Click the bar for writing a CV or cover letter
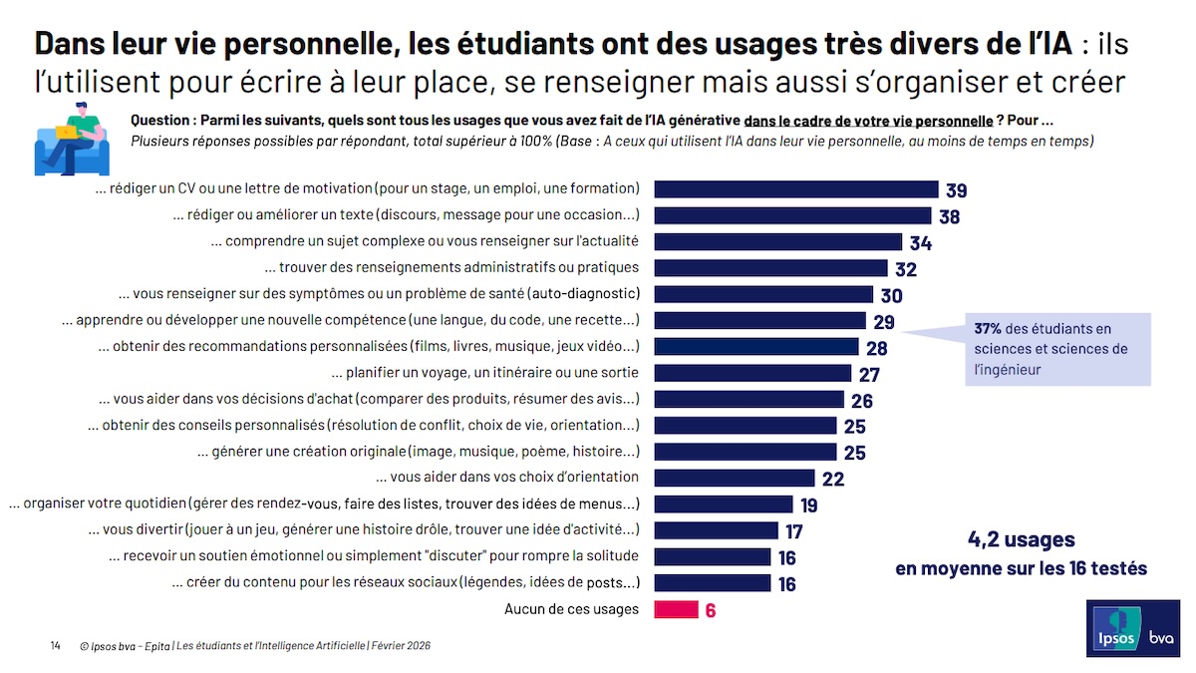[795, 189]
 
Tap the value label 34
[920, 243]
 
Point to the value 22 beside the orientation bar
[833, 479]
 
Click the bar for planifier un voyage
[752, 373]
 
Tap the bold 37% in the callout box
[988, 329]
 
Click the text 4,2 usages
[1022, 540]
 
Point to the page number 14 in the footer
[56, 646]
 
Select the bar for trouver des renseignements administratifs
[770, 268]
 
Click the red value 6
[711, 610]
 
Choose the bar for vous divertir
[716, 530]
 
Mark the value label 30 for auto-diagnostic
[891, 296]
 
